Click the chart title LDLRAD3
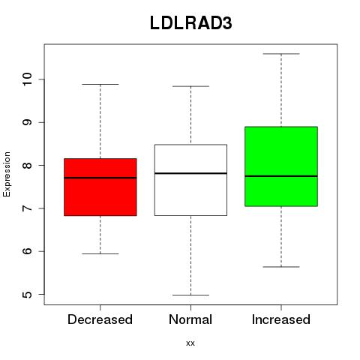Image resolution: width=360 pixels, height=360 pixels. (x=191, y=23)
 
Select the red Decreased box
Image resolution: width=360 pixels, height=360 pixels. (x=100, y=187)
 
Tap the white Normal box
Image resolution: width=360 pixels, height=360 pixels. (x=190, y=180)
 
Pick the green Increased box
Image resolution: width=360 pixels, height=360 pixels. (x=281, y=166)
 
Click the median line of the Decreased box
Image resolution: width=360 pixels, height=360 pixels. (x=100, y=178)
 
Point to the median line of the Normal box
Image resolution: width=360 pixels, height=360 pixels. (x=190, y=173)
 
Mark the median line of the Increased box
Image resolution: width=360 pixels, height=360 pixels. (x=281, y=176)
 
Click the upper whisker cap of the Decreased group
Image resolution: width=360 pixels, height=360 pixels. (x=100, y=84)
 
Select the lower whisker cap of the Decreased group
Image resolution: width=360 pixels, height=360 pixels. (x=100, y=253)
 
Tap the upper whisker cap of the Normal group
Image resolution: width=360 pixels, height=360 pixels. (x=190, y=86)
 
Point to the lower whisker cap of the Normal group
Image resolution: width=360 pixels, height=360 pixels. (x=190, y=295)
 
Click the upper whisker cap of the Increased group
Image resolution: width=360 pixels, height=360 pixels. (x=281, y=54)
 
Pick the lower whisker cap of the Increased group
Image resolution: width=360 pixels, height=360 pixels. (x=281, y=267)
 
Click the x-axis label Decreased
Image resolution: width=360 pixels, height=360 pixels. (x=100, y=319)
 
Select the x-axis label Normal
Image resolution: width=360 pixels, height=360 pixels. (x=190, y=319)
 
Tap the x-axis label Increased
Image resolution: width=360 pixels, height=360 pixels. (x=281, y=319)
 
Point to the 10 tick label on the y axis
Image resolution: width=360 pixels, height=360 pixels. (x=28, y=79)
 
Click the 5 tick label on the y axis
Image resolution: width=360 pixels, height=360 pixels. (x=28, y=294)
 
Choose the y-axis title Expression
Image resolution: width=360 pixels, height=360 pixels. (x=7, y=174)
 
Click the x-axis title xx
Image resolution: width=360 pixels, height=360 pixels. (x=190, y=343)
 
